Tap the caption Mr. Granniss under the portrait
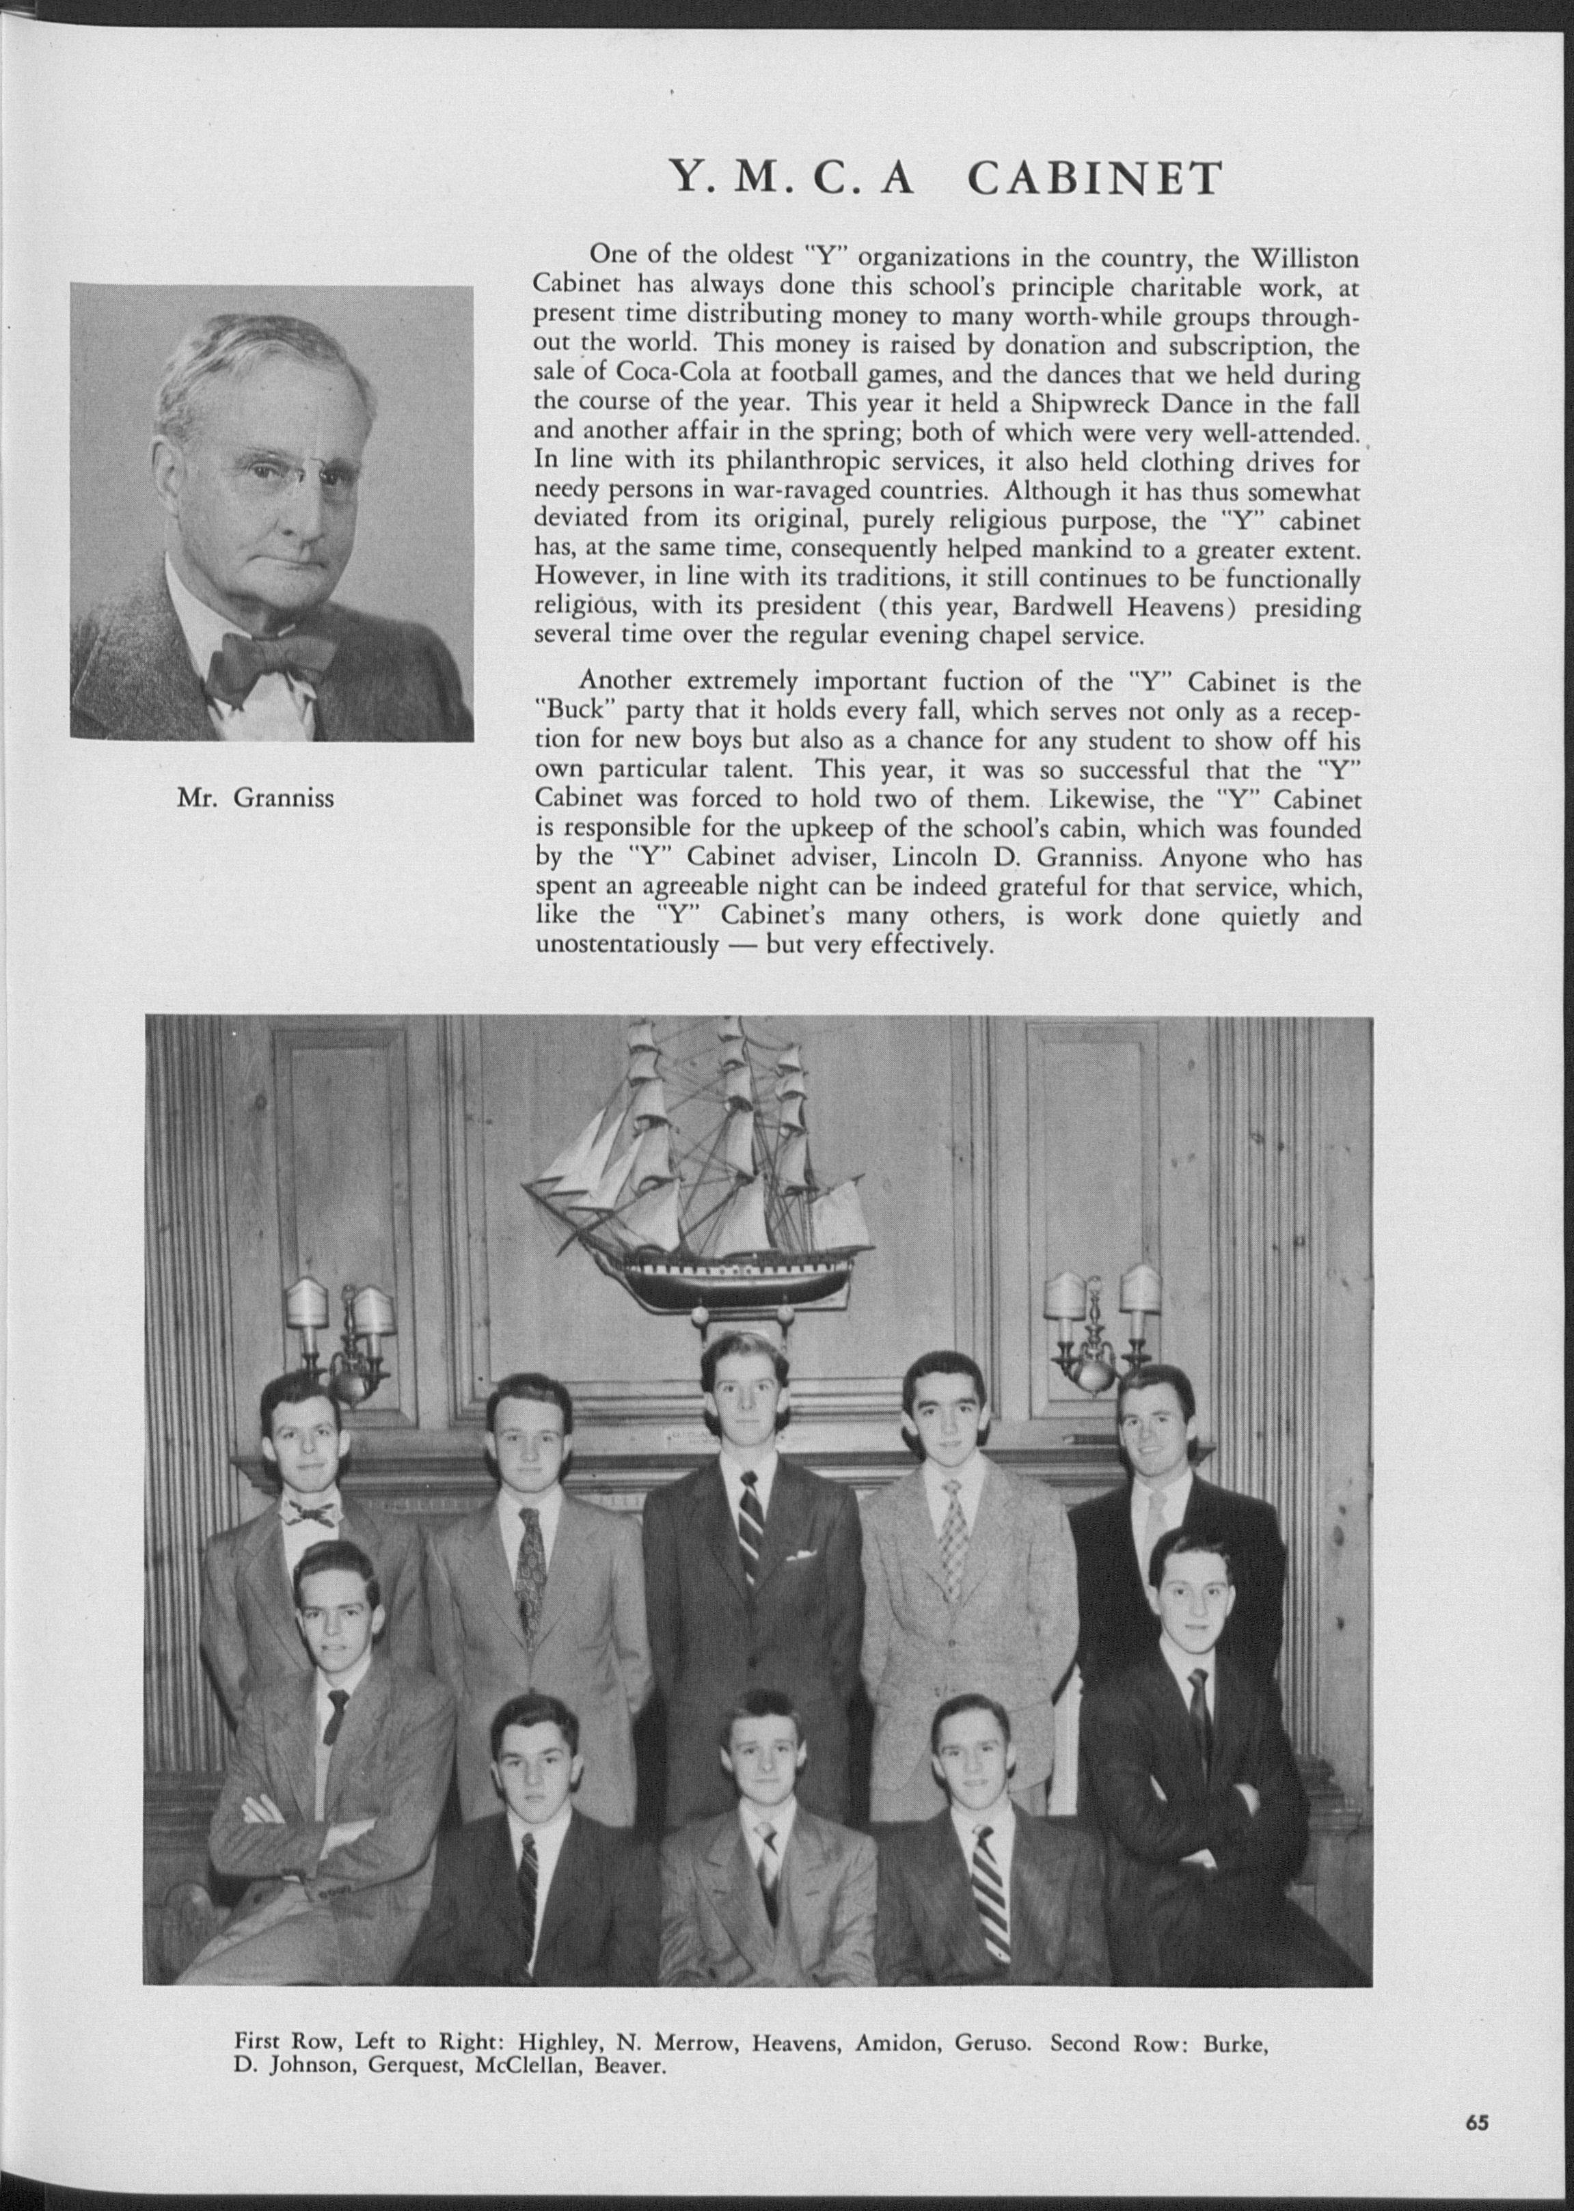click(x=255, y=797)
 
